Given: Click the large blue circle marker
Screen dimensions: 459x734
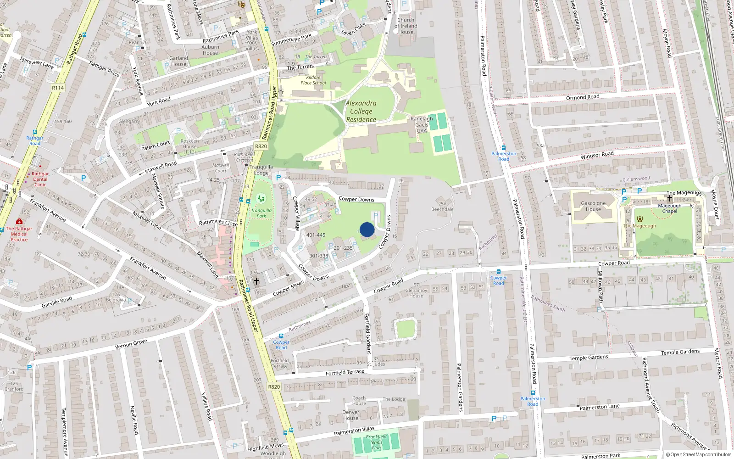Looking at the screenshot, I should [x=367, y=229].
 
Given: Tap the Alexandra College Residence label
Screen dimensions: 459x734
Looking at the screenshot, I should [x=361, y=112].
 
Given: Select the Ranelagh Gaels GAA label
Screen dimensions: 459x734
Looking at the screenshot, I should [x=422, y=124].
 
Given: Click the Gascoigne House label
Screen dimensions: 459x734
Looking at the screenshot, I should [x=593, y=206].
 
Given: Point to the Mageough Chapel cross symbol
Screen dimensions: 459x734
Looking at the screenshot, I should [x=670, y=198].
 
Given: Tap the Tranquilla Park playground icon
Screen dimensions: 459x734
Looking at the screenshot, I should [x=261, y=199].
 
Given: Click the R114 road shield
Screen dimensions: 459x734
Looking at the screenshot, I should [x=58, y=88].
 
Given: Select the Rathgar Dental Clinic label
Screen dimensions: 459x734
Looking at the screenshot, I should [x=40, y=179].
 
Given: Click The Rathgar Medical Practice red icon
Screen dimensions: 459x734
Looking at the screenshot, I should [x=19, y=221].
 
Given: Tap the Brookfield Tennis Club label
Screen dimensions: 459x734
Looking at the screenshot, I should [x=376, y=442].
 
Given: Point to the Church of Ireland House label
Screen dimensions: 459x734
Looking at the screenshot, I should [x=406, y=26].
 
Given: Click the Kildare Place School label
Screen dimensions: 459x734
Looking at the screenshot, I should [x=313, y=80].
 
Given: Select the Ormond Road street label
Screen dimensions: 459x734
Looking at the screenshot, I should [x=583, y=97].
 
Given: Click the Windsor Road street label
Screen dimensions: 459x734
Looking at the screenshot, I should [x=597, y=156].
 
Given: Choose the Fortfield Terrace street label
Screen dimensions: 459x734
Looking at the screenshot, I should [x=345, y=373].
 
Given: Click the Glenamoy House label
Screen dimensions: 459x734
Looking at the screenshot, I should [x=416, y=293].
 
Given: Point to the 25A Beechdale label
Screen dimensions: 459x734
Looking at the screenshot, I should [x=442, y=206].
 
